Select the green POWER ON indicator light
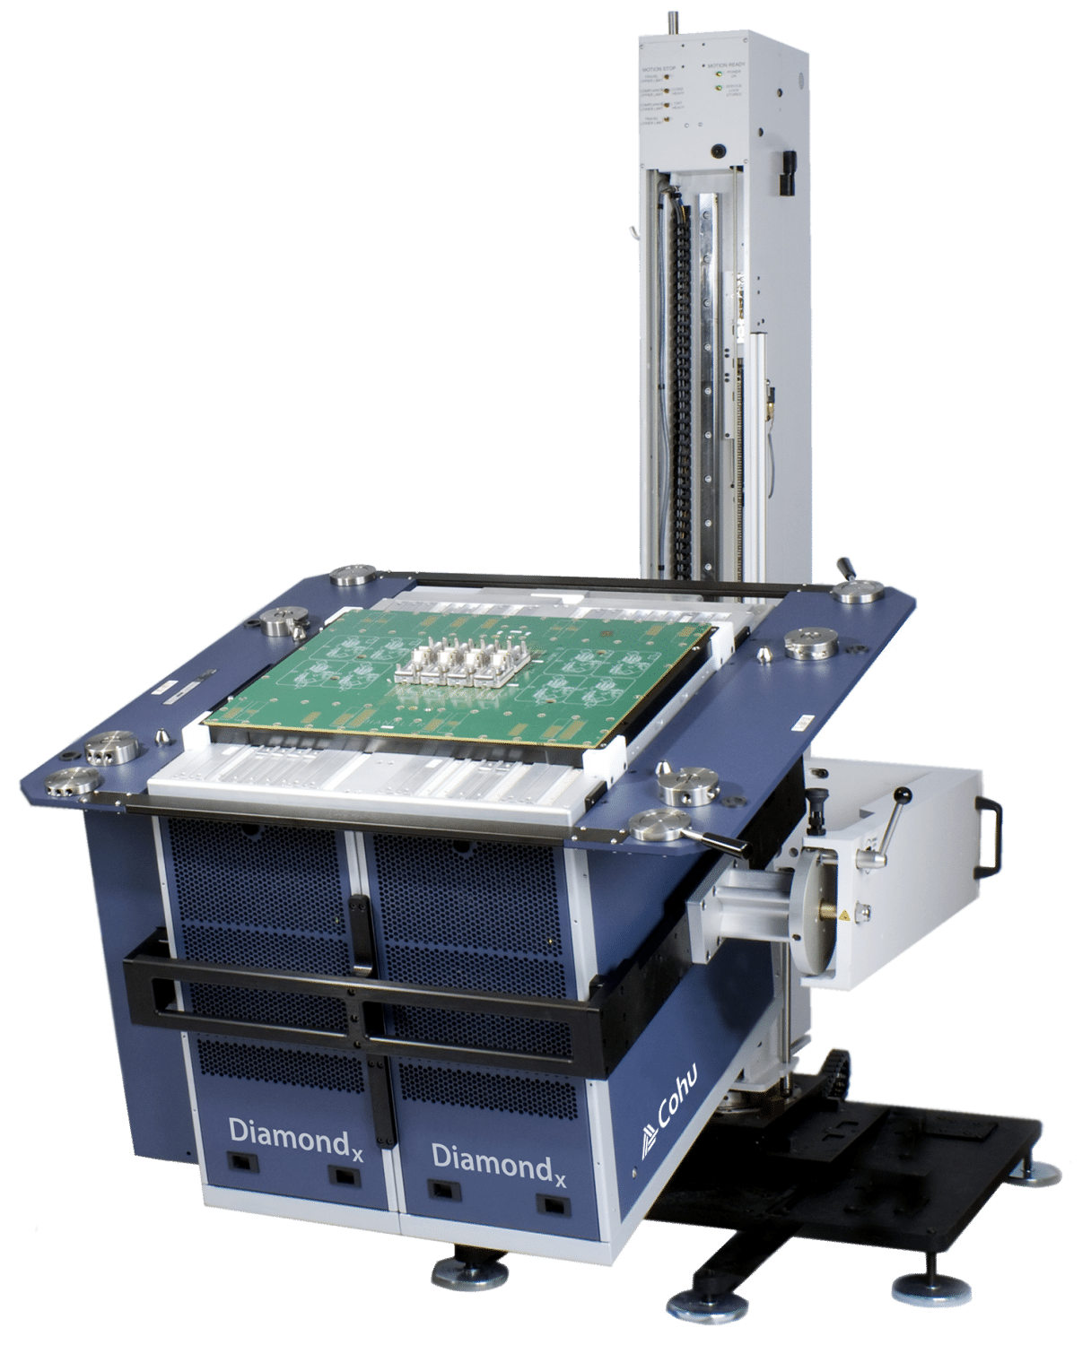[718, 76]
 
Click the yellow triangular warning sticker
[843, 916]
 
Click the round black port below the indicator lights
[716, 151]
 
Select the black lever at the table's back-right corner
[844, 568]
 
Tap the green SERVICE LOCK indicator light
[718, 88]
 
